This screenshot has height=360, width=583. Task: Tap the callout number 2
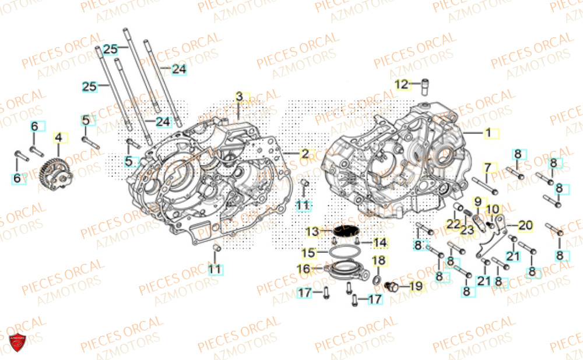click(x=304, y=154)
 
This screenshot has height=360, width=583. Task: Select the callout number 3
click(x=240, y=96)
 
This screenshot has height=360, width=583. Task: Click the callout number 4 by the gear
click(x=58, y=139)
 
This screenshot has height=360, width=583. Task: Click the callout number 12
click(x=401, y=85)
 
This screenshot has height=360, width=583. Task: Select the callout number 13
click(x=313, y=232)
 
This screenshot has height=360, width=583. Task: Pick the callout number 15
click(x=308, y=253)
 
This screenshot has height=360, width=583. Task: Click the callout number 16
click(x=304, y=269)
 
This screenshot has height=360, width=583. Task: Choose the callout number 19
click(x=415, y=286)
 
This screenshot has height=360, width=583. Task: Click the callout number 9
click(x=477, y=202)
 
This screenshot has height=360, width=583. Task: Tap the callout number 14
click(x=380, y=242)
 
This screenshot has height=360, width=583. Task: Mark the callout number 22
click(x=453, y=225)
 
